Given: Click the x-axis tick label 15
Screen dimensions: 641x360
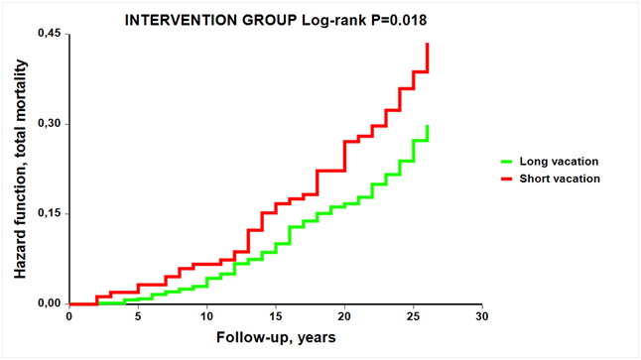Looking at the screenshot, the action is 276,316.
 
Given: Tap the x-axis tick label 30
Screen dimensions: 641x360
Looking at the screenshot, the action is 482,316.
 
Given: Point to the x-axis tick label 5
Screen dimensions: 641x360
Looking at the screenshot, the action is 138,316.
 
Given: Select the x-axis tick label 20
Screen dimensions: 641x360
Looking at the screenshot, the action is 344,316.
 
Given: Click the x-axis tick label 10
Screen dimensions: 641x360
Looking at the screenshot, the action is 206,316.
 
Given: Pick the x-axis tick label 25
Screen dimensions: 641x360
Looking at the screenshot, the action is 414,316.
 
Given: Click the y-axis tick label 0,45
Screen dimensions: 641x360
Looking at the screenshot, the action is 49,34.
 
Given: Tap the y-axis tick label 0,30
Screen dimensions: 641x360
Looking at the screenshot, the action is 49,123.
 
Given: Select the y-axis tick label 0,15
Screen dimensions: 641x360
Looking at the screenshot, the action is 49,213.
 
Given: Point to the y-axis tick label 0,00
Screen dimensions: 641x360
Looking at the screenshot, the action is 49,303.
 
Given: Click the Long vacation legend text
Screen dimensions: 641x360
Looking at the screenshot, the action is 559,162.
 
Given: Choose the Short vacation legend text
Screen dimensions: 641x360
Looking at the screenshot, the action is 560,179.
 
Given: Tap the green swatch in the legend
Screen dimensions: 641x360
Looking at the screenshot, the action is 506,162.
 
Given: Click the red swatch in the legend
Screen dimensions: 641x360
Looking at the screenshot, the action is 506,179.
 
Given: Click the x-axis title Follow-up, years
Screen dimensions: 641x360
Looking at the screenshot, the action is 276,337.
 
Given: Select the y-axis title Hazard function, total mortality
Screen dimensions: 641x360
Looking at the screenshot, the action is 20,170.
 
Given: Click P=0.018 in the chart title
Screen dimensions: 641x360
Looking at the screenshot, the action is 399,20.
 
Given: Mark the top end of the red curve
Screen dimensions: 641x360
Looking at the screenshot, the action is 428,44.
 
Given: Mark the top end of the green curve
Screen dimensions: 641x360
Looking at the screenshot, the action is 428,126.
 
